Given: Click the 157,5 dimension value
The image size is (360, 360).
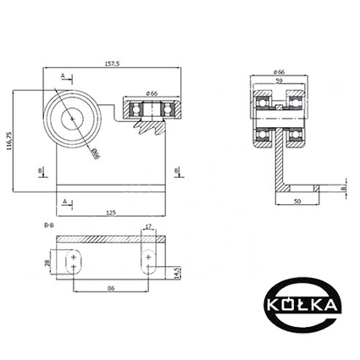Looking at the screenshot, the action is click(112, 64).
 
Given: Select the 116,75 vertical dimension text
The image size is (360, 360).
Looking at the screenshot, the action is click(9, 141).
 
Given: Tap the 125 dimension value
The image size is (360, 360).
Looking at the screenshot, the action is click(112, 213).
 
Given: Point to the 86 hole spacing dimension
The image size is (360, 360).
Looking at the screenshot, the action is click(112, 289).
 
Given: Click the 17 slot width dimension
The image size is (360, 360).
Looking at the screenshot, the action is click(148, 226).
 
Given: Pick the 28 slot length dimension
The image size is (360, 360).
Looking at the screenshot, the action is click(47, 263).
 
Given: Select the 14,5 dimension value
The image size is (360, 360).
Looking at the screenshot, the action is click(177, 273).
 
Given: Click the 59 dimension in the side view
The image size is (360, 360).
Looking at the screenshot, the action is click(279, 80).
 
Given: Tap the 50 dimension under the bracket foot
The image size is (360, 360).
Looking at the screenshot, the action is click(297, 201).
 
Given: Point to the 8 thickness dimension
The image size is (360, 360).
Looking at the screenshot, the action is click(343, 188).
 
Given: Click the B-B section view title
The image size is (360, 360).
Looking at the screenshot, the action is click(49, 225).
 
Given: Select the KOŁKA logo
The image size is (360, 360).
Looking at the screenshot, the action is click(302, 305).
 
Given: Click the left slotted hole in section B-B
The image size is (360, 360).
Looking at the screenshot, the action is click(74, 262).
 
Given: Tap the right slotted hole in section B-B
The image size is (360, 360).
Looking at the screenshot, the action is click(148, 262).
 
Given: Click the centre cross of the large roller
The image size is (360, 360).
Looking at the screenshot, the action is click(73, 119).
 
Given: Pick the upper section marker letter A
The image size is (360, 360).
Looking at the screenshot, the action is click(63, 75).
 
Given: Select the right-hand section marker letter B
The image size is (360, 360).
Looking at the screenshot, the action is click(176, 170).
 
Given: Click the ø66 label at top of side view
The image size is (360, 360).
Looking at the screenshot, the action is click(279, 72).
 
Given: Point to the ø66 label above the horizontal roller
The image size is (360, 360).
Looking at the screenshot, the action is click(152, 93).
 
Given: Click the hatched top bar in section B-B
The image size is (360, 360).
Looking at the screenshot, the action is click(110, 239).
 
